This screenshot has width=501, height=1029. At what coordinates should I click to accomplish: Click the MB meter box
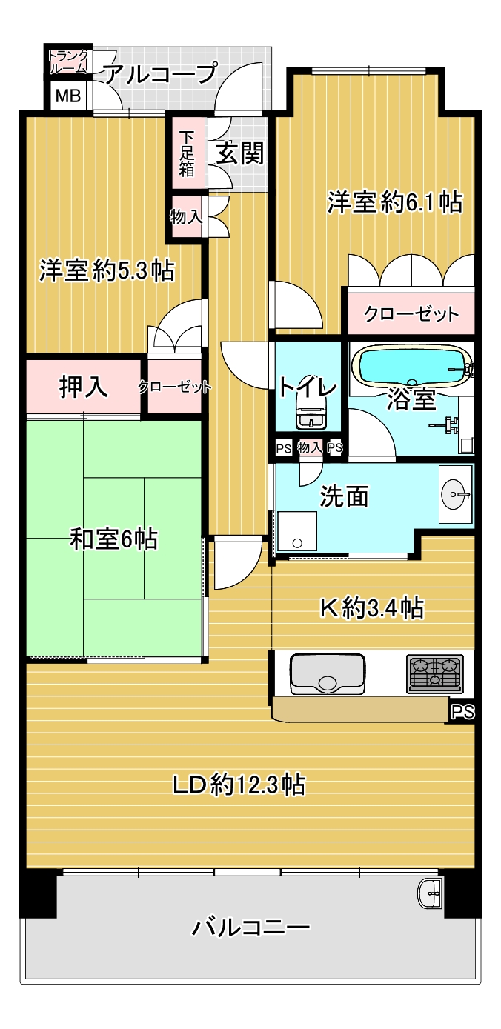[x=68, y=96]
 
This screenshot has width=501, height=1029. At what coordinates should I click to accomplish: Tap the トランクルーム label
[x=68, y=62]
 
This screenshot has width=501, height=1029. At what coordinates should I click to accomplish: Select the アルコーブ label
[x=161, y=73]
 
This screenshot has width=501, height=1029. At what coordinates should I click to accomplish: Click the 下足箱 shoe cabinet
[x=187, y=153]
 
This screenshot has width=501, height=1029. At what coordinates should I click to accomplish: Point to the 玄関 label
[x=240, y=153]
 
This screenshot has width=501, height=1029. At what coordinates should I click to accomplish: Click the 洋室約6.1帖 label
[x=395, y=202]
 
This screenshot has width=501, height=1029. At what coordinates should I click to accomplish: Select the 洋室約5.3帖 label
[x=107, y=270]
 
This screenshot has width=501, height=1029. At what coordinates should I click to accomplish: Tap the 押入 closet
[x=83, y=386]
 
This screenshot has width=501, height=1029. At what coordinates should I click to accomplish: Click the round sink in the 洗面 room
[x=456, y=494]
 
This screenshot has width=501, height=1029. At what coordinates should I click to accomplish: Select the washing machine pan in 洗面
[x=297, y=531]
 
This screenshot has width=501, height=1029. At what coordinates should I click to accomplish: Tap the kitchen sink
[x=328, y=673]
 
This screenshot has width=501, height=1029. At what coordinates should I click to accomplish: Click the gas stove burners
[x=434, y=674]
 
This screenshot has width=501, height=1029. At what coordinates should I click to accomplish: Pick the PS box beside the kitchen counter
[x=463, y=712]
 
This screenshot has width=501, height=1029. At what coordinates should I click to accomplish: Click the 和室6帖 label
[x=113, y=539]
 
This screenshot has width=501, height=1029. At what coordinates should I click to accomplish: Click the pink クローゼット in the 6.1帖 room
[x=411, y=313]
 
